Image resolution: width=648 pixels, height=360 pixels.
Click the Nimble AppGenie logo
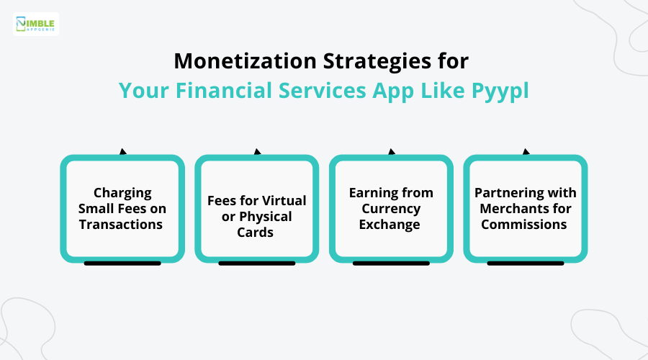(36, 24)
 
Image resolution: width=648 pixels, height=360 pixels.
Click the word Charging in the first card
(122, 193)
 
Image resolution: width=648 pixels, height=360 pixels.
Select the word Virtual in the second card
(283, 201)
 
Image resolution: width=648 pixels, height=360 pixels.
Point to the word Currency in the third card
(391, 209)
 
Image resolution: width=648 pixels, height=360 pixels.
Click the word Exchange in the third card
(391, 224)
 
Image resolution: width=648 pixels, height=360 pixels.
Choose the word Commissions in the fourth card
(524, 224)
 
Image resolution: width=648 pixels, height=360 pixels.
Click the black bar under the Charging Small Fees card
(122, 264)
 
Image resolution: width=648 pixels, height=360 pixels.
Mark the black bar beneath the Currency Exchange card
(391, 264)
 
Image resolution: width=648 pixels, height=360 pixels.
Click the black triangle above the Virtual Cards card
(257, 152)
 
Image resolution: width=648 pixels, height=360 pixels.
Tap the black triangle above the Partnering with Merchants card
(526, 152)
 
